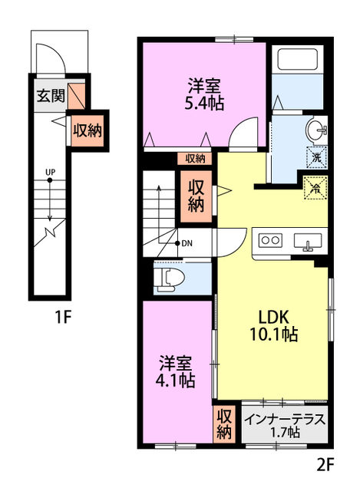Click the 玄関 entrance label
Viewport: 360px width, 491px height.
pyautogui.click(x=51, y=95)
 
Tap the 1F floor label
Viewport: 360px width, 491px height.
pyautogui.click(x=63, y=318)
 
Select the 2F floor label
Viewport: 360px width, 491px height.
pyautogui.click(x=325, y=465)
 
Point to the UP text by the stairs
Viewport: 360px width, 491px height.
pyautogui.click(x=50, y=172)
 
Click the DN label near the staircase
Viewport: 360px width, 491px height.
pyautogui.click(x=187, y=243)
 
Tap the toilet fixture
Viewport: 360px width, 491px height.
pyautogui.click(x=169, y=278)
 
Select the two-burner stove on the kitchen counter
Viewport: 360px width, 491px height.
pyautogui.click(x=270, y=240)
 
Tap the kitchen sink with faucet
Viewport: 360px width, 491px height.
pyautogui.click(x=308, y=242)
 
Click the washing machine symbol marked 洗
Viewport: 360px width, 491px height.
pyautogui.click(x=316, y=157)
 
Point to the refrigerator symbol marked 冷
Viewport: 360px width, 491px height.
pyautogui.click(x=315, y=187)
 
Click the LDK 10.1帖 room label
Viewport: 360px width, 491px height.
pyautogui.click(x=273, y=325)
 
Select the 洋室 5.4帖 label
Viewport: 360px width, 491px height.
pyautogui.click(x=204, y=94)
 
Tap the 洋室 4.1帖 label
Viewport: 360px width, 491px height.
pyautogui.click(x=175, y=371)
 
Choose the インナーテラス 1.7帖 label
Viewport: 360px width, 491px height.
pyautogui.click(x=285, y=424)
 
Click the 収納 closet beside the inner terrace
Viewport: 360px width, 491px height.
pyautogui.click(x=224, y=424)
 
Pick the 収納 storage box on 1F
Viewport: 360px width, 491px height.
pyautogui.click(x=88, y=130)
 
